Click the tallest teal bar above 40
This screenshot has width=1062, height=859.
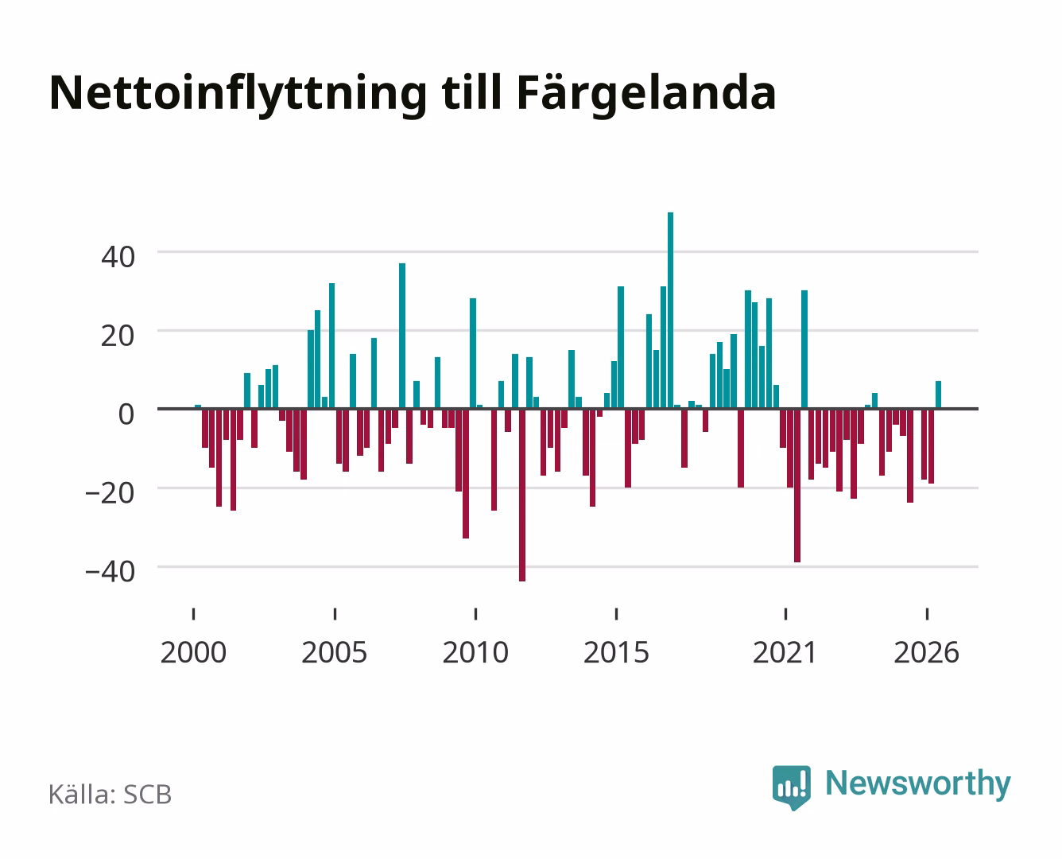pos(670,310)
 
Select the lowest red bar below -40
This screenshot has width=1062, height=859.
pos(522,495)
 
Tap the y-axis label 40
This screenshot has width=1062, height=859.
pos(118,258)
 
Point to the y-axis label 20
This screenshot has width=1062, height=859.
pos(118,336)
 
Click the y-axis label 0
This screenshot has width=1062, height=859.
pos(126,414)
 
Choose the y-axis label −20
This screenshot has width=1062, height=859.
pos(110,493)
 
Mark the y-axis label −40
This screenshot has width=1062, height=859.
pos(110,572)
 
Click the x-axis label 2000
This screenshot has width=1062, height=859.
pos(193,652)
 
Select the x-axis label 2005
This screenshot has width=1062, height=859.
pos(335,652)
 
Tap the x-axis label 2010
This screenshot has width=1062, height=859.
pos(475,652)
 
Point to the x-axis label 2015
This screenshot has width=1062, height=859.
pos(616,652)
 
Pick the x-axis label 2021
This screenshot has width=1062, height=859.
pos(785,652)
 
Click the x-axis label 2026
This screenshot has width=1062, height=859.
pos(927,652)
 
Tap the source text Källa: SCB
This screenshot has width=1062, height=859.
pos(110,795)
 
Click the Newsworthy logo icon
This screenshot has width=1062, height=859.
pos(792,787)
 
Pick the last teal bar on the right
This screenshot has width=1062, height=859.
pos(938,395)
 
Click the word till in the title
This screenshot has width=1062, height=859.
pos(471,92)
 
